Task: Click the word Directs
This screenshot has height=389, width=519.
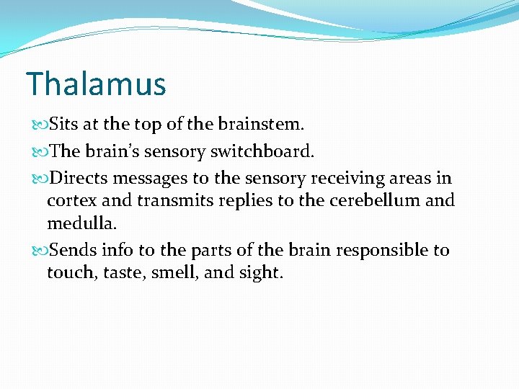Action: (x=78, y=178)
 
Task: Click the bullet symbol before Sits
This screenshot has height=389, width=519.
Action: (x=38, y=125)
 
